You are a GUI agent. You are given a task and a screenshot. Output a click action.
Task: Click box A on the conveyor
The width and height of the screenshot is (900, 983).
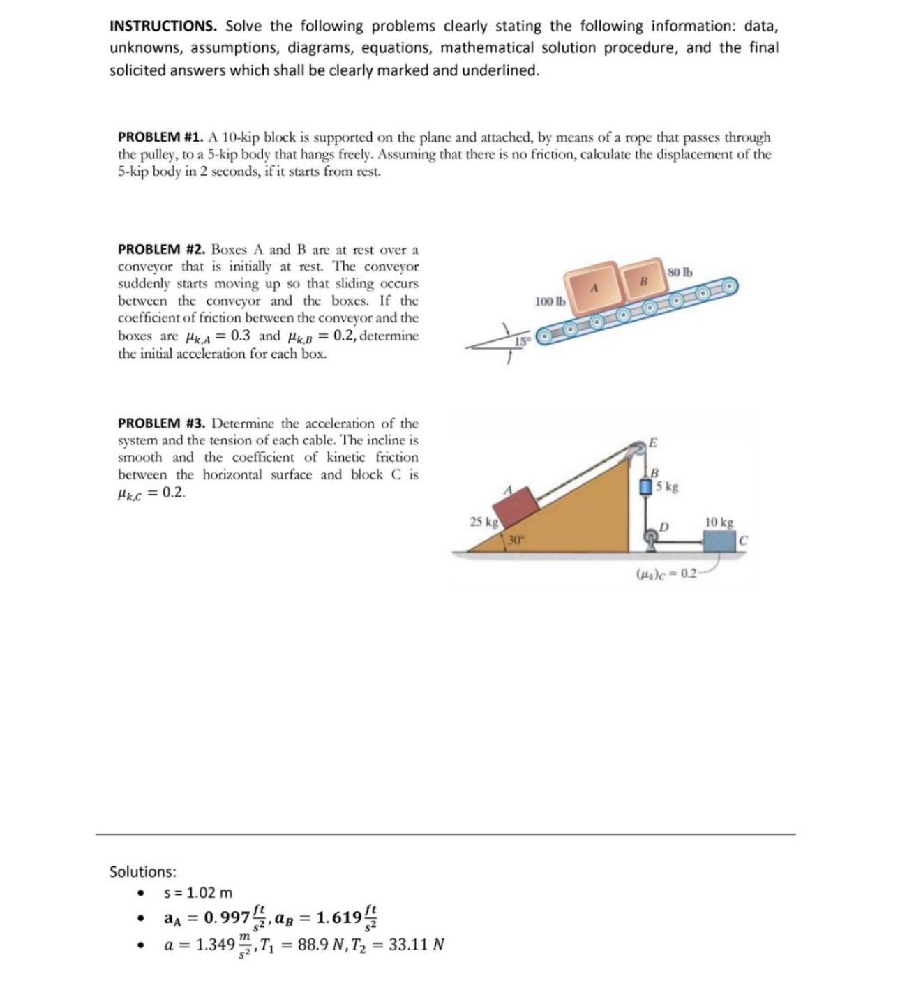pyautogui.click(x=595, y=287)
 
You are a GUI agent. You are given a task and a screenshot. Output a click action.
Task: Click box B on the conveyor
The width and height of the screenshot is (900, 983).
pyautogui.click(x=643, y=280)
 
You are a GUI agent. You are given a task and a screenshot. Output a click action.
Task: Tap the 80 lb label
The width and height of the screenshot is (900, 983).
pyautogui.click(x=680, y=271)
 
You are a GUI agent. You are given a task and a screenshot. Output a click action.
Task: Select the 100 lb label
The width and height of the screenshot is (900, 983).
pyautogui.click(x=549, y=301)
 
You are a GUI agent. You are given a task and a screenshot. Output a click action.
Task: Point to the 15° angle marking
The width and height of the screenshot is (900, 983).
pyautogui.click(x=520, y=340)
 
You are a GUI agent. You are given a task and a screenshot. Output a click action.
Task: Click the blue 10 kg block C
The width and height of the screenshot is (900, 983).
pyautogui.click(x=720, y=541)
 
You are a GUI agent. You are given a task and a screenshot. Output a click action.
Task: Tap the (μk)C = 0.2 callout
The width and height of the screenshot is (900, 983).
pyautogui.click(x=666, y=573)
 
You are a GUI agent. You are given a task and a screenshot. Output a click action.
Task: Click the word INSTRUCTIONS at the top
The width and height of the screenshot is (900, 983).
pyautogui.click(x=162, y=27)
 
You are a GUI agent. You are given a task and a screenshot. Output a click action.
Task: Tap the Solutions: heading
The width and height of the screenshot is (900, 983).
pyautogui.click(x=143, y=871)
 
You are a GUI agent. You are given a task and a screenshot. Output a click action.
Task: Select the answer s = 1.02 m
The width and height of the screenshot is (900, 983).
pyautogui.click(x=197, y=893)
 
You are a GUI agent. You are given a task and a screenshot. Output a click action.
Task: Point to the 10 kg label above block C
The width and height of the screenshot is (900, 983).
pyautogui.click(x=719, y=522)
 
